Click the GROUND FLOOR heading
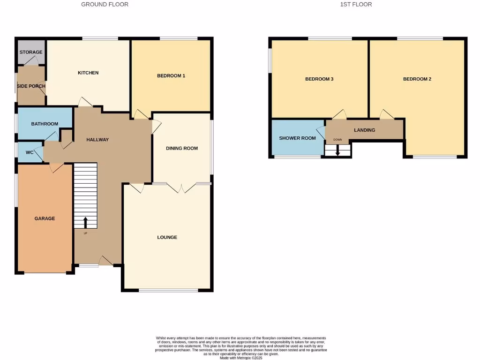(105, 4)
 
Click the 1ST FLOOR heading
(356, 4)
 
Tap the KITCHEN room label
(88, 73)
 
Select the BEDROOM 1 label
(171, 75)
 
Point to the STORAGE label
(31, 52)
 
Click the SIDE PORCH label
(31, 86)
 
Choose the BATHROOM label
(45, 124)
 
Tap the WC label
(29, 152)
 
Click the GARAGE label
(45, 218)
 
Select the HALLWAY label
(97, 140)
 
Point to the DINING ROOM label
(182, 148)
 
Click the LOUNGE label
(167, 237)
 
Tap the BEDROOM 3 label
(319, 79)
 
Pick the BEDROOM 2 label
(417, 79)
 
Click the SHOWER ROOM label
(297, 138)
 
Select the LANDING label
(364, 130)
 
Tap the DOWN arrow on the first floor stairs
(337, 152)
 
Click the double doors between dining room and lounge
(181, 187)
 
